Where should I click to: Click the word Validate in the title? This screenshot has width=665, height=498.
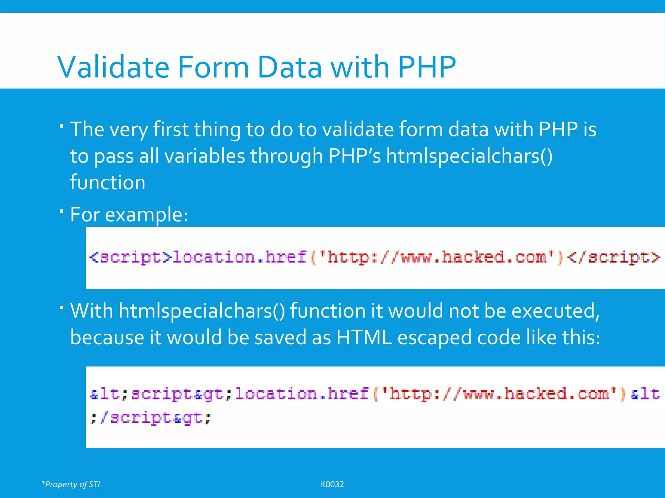click(x=113, y=67)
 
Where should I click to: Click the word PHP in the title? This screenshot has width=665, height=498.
click(x=427, y=67)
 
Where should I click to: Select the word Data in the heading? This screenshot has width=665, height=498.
click(x=290, y=67)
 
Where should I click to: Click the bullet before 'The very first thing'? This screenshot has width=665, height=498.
click(x=62, y=125)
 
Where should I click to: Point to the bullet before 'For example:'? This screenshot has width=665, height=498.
click(x=62, y=211)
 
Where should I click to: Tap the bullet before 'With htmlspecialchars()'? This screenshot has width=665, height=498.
click(x=62, y=307)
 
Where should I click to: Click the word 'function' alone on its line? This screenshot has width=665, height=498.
click(x=107, y=183)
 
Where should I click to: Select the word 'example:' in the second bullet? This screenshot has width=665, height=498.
click(x=146, y=215)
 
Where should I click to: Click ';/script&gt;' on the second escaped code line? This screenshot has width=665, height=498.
click(x=150, y=418)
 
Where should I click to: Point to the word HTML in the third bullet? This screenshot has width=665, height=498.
click(x=364, y=338)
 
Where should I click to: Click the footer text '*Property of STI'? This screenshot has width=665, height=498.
click(x=71, y=484)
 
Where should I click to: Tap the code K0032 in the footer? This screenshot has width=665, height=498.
click(x=332, y=484)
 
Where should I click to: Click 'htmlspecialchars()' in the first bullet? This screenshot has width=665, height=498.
click(x=469, y=156)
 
